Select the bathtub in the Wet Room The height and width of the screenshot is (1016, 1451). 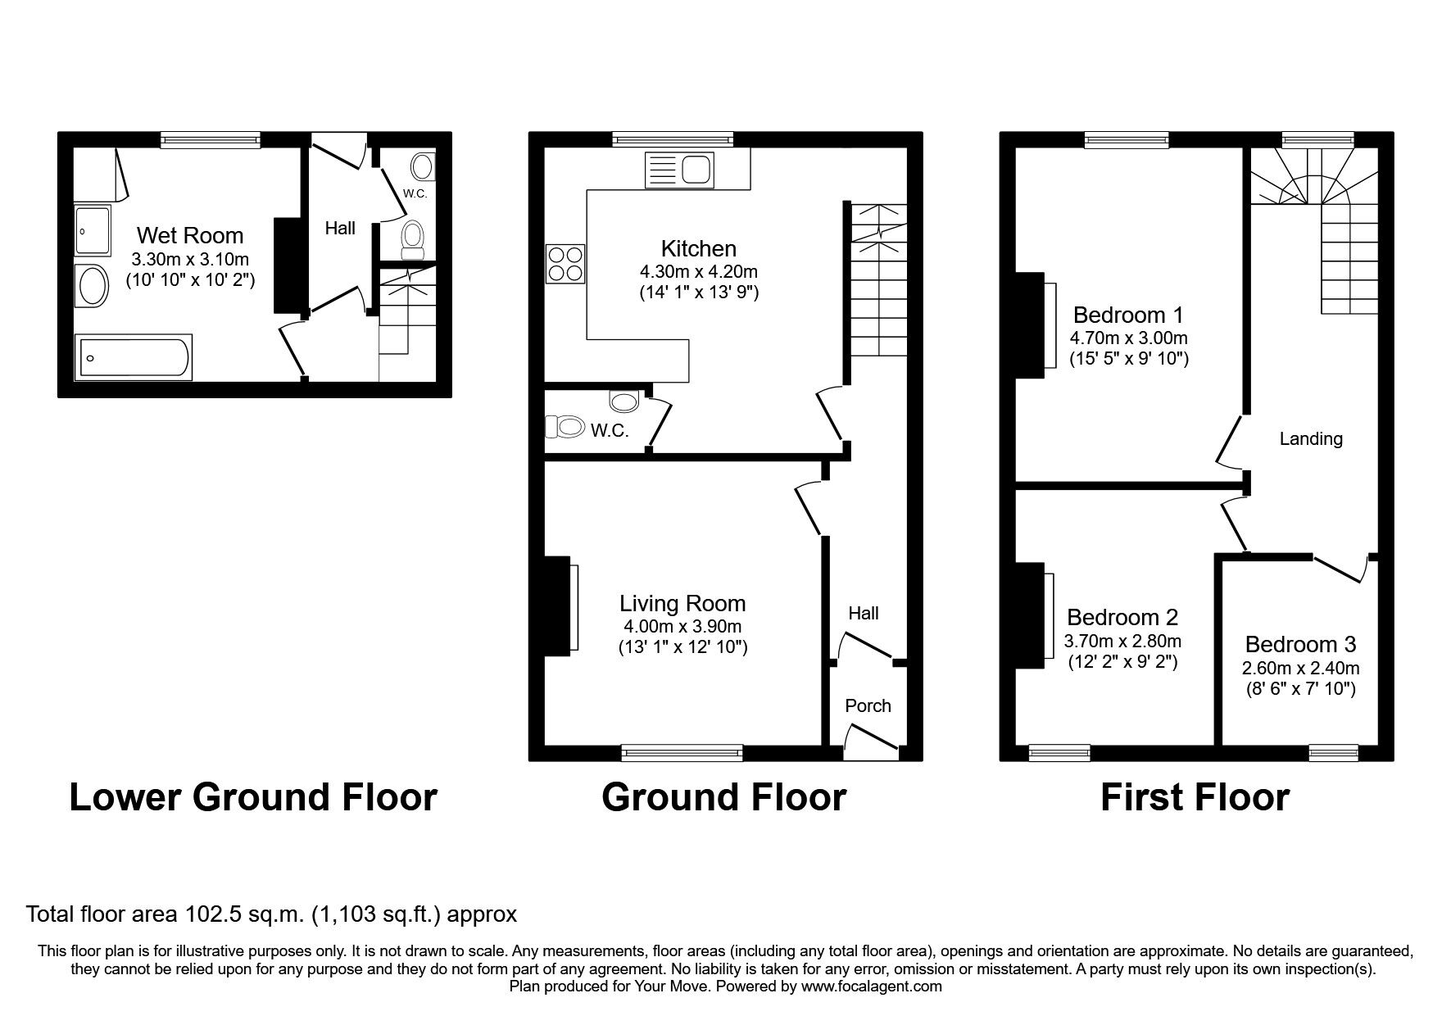[x=134, y=357]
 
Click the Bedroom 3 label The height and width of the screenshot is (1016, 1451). [x=1300, y=644]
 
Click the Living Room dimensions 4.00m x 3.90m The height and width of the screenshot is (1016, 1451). [x=682, y=627]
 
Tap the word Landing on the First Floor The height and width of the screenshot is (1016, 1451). [x=1311, y=439]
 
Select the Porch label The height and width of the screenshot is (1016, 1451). [x=868, y=705]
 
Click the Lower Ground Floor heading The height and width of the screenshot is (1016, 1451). [x=253, y=797]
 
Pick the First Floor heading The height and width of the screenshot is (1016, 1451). [x=1195, y=797]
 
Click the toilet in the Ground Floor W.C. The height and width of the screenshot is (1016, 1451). [x=565, y=427]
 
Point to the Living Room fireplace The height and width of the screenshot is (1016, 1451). [x=558, y=606]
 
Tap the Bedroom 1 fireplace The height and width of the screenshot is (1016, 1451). [x=1029, y=325]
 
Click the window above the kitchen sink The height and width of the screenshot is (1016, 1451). [x=673, y=140]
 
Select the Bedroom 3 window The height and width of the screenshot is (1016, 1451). [x=1333, y=752]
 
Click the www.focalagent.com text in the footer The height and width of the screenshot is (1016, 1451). [x=871, y=987]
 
